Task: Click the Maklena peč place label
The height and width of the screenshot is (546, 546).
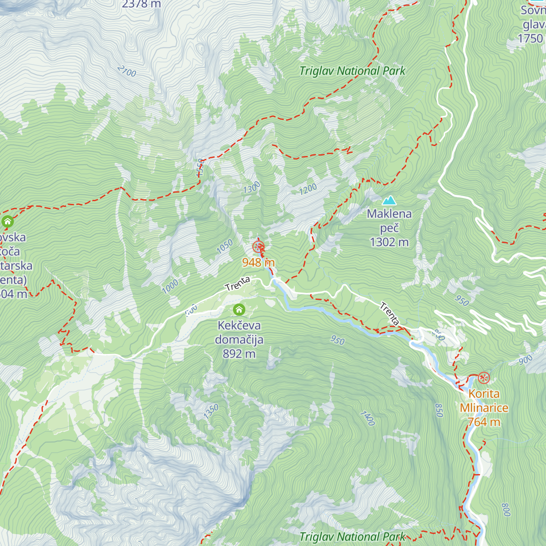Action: [x=389, y=220]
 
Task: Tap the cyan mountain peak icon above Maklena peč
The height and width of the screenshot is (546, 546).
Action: [x=389, y=200]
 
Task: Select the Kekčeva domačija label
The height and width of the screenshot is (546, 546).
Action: [x=239, y=333]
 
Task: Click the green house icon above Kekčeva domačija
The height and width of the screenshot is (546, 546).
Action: [x=239, y=310]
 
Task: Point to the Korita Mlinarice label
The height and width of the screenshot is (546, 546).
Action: [x=484, y=401]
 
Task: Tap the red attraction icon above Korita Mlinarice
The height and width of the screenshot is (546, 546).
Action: [x=484, y=378]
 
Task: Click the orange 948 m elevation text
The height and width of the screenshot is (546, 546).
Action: [x=258, y=262]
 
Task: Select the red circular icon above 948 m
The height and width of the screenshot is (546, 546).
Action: [x=258, y=247]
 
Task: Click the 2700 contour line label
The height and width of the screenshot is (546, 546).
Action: [x=126, y=71]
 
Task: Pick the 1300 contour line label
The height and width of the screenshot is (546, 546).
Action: [x=252, y=187]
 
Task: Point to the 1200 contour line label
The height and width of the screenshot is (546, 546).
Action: [x=308, y=189]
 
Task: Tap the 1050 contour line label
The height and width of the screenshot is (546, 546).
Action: [x=225, y=246]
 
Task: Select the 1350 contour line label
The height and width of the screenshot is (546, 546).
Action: [x=211, y=411]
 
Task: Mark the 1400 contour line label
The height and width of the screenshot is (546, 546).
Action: [x=368, y=418]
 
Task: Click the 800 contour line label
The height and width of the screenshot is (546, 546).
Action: [x=506, y=509]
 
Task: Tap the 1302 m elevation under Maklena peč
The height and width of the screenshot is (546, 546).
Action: [x=389, y=242]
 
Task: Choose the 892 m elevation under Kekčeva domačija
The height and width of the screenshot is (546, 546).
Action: [x=239, y=354]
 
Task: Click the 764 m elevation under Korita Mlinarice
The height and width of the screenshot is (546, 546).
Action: [x=484, y=422]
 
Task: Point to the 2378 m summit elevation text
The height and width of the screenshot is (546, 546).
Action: [x=142, y=4]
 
